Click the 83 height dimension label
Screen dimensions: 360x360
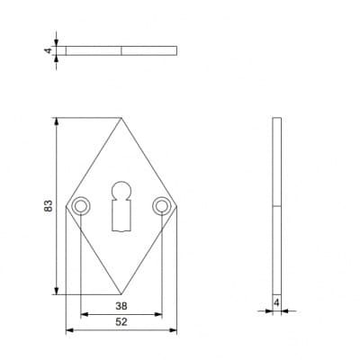49,206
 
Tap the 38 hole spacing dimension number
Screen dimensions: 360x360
121,306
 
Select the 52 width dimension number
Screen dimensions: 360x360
121,322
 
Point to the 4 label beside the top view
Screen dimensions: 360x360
49,50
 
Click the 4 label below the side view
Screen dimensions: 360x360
276,303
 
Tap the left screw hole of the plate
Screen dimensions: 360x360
81,206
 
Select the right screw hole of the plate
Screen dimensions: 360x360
161,206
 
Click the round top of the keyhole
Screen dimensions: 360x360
121,190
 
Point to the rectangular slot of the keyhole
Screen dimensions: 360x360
121,216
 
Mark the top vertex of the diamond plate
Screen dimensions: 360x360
121,118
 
